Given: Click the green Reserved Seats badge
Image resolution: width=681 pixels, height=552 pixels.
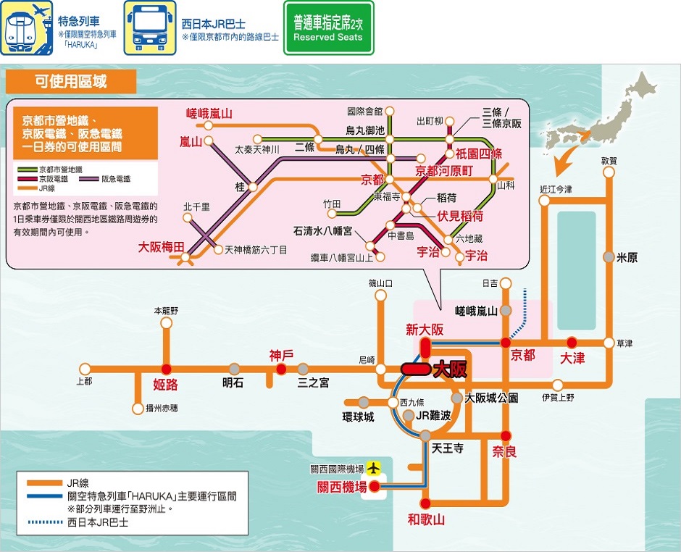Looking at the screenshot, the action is point(329,28).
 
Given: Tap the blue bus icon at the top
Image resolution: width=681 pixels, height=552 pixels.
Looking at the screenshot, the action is point(150,28).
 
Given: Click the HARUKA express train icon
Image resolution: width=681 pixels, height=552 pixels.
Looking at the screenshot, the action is point(27,28).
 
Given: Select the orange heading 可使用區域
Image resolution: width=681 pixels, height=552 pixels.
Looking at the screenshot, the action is point(71,82).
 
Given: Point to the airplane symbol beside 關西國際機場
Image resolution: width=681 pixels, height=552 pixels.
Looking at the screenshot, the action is point(373,468).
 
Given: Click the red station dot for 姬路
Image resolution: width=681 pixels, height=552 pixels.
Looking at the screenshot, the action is point(167,369).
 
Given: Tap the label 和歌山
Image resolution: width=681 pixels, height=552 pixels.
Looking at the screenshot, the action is point(426,519).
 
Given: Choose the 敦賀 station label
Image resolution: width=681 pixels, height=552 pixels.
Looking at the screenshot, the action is point(609,161).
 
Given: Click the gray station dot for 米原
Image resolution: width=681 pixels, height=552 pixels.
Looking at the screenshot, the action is point(609,257).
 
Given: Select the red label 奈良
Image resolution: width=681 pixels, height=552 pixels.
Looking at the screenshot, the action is point(504,452).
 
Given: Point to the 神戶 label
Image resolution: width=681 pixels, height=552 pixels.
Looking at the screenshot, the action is point(281,356).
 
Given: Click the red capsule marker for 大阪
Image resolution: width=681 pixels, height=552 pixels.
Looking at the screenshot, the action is point(416,369).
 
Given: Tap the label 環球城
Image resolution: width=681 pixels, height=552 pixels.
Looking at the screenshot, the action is point(359,417).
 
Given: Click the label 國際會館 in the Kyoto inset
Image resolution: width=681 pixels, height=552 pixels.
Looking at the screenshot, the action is point(365,112).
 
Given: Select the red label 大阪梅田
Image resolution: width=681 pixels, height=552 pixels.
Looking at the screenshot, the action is point(161,247).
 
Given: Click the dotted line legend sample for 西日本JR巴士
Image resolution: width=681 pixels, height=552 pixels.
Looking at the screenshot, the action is point(45,522).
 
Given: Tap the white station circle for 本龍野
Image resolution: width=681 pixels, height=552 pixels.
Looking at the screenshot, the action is point(167,323).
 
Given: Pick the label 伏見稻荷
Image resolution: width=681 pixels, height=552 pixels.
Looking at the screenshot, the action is point(460,216).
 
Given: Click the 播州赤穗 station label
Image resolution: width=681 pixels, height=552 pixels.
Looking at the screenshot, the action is point(162,409).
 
